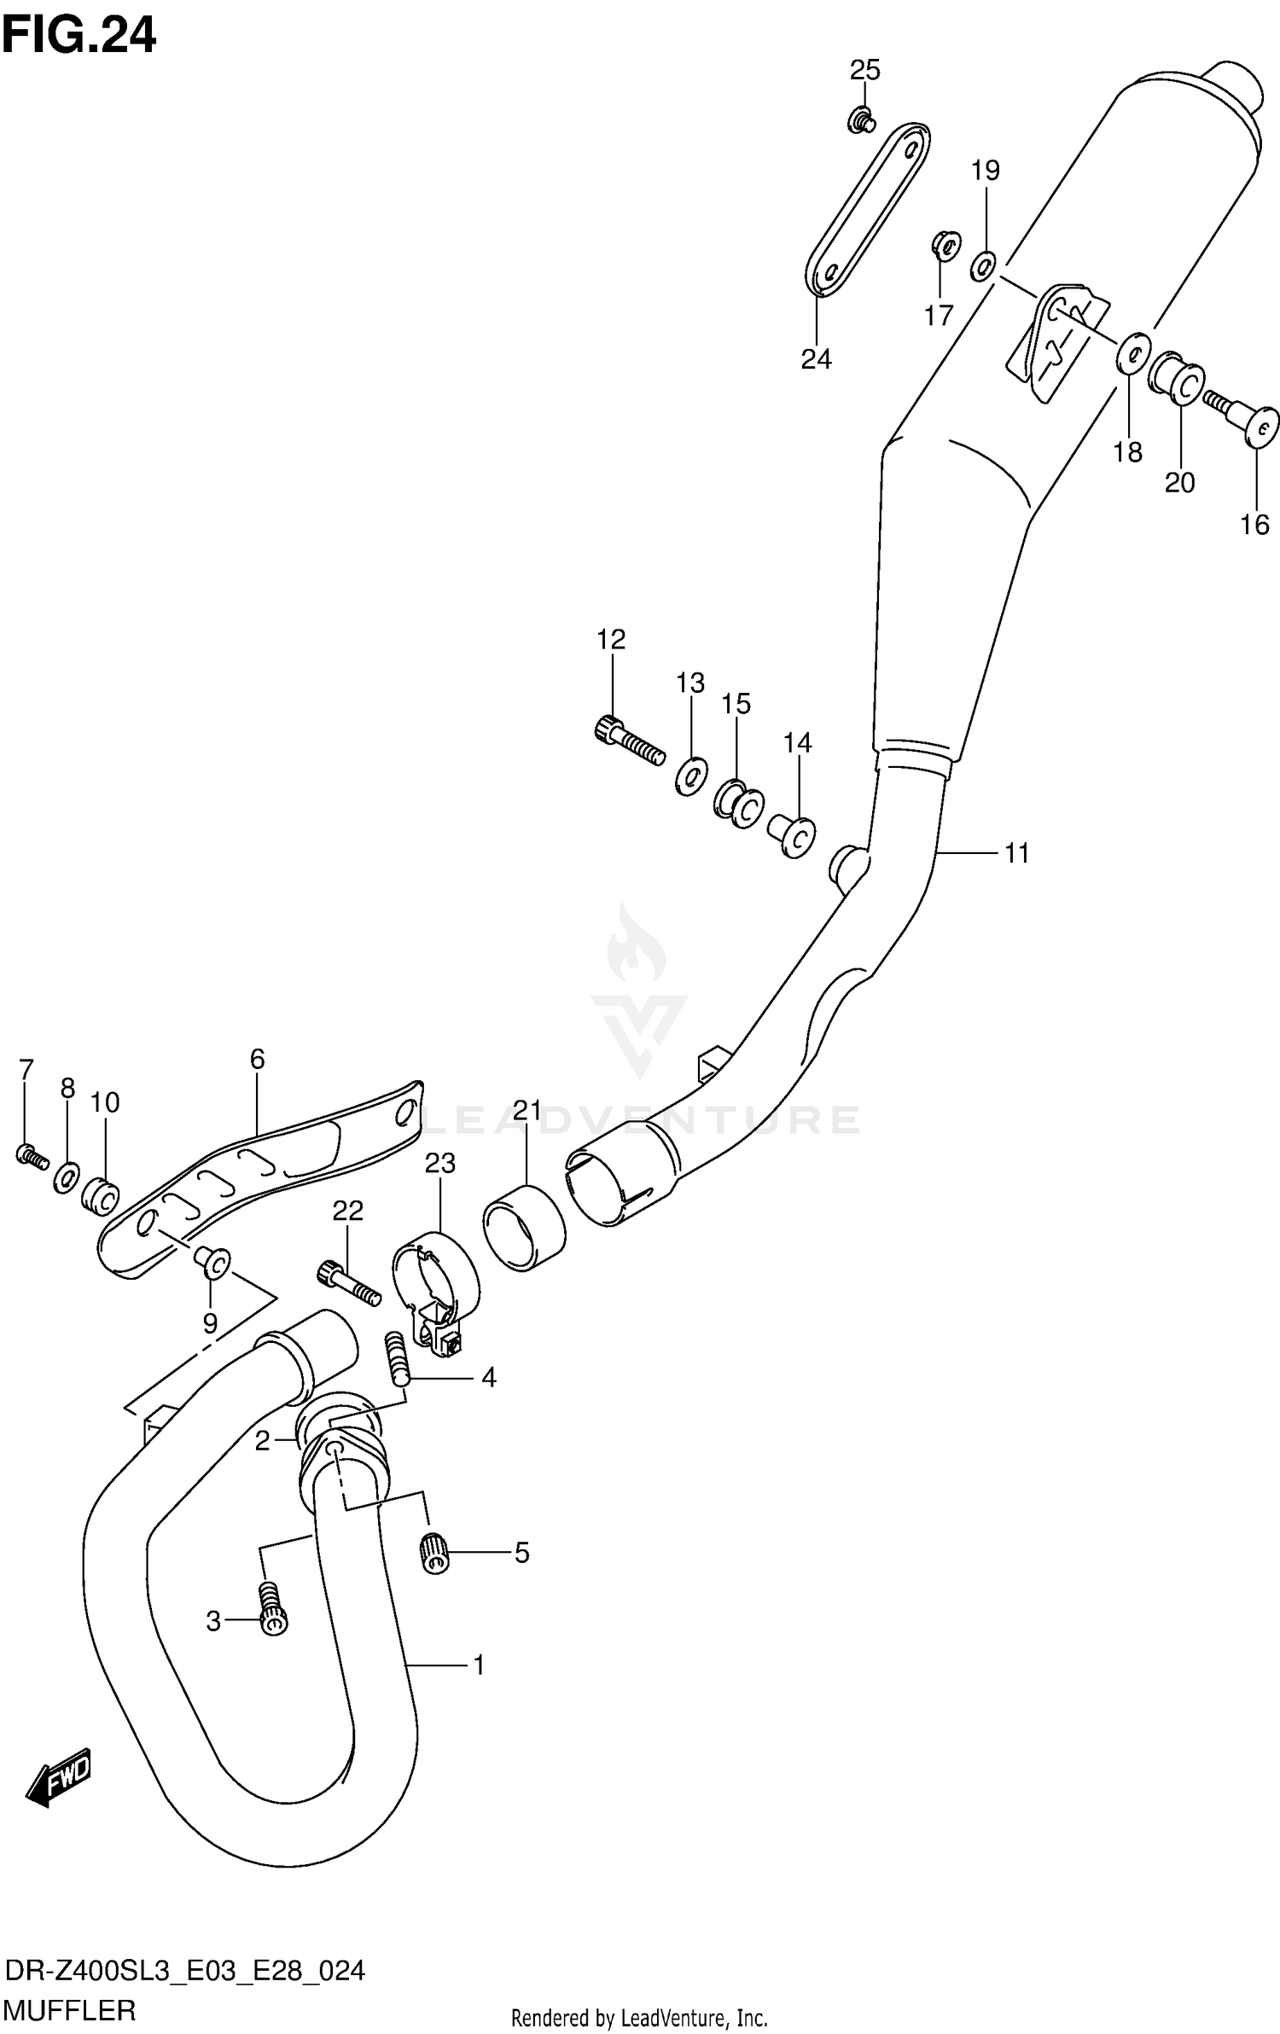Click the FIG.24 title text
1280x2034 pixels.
(79, 36)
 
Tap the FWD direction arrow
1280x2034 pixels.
(59, 1777)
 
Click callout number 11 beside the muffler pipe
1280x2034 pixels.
(1016, 853)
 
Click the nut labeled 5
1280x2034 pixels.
(435, 1551)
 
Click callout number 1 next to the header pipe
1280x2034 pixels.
(479, 1665)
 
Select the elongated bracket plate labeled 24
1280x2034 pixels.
(867, 210)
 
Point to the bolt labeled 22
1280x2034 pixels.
(347, 1281)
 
